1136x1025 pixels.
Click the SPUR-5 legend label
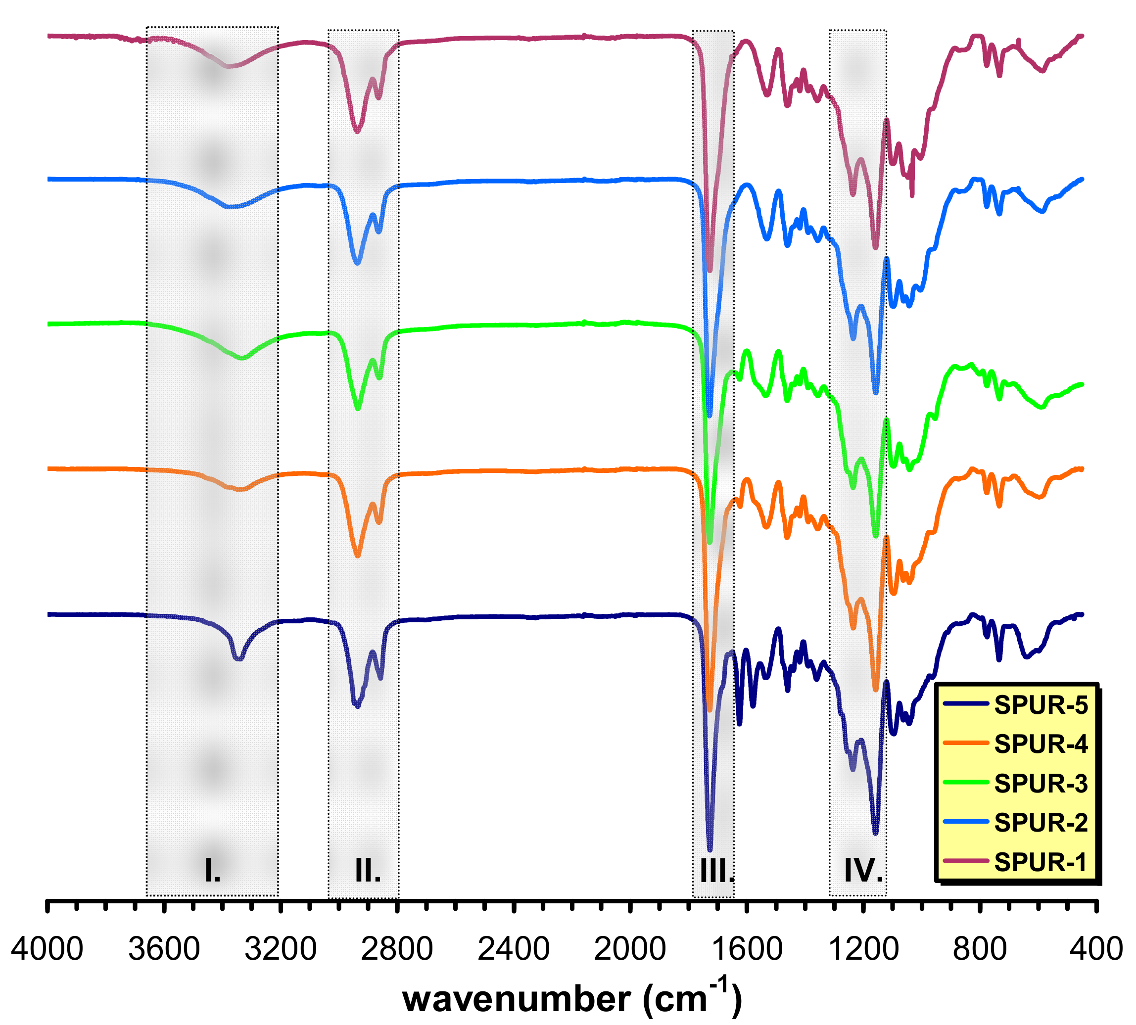[1040, 704]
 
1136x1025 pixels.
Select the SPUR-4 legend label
[1040, 744]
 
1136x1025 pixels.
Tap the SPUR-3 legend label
[1040, 784]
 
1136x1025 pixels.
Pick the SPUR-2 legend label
[1040, 823]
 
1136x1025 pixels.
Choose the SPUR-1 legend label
[1040, 862]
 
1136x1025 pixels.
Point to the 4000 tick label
[47, 949]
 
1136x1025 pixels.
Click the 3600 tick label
[164, 949]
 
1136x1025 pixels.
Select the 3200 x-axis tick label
[281, 949]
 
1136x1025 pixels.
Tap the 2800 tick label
[397, 949]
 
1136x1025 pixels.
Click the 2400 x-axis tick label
[514, 949]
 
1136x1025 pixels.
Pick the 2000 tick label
[630, 949]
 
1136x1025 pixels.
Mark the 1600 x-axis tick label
[746, 949]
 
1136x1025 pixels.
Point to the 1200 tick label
[863, 949]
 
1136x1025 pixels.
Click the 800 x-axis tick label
[980, 949]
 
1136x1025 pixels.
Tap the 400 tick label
[1096, 949]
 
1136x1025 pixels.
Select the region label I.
[212, 871]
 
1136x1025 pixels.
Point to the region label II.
[368, 871]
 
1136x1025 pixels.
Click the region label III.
[717, 871]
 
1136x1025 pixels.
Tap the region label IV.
[863, 871]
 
